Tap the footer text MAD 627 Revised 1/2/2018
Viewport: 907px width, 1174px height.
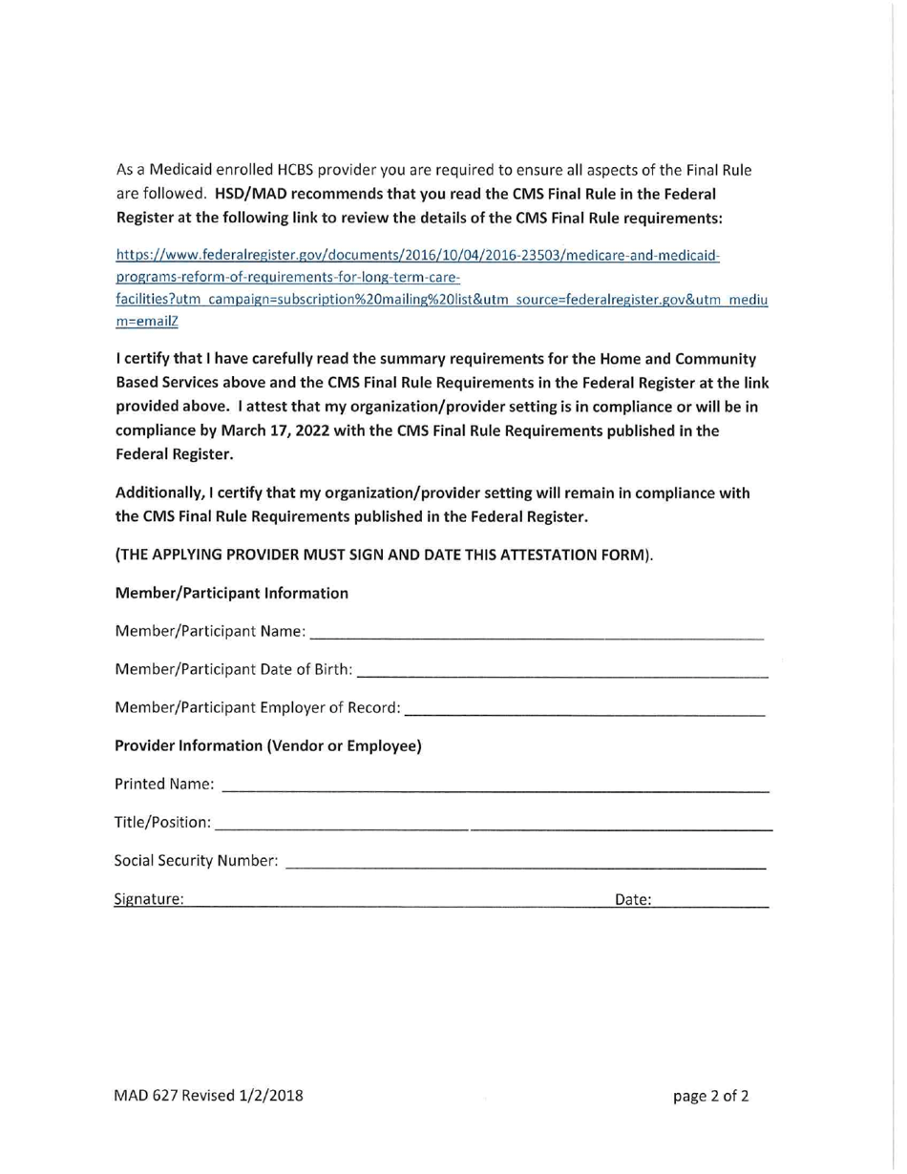[210, 1095]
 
